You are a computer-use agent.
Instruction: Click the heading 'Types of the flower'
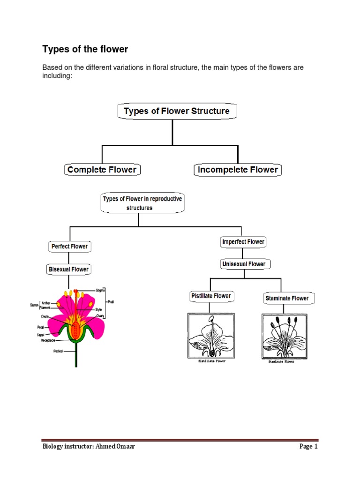(85, 49)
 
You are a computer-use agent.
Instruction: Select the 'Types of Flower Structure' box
(177, 111)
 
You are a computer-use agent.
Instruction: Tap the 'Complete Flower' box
(102, 170)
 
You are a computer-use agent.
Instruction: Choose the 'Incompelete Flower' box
(238, 170)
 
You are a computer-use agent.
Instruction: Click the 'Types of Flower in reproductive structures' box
(142, 203)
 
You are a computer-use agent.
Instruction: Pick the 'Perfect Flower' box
(69, 246)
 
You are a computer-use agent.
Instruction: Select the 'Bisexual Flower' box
(69, 270)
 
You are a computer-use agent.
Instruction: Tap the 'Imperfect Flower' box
(243, 242)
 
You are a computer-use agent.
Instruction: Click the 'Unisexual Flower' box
(244, 264)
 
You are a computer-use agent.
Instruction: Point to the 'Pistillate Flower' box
(210, 296)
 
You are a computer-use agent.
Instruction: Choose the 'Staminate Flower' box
(287, 298)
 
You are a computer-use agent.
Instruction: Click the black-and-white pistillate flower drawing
(210, 336)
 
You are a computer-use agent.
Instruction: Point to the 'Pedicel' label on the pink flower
(58, 350)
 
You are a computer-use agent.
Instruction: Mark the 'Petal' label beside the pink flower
(41, 327)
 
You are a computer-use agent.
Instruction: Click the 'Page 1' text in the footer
(308, 446)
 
